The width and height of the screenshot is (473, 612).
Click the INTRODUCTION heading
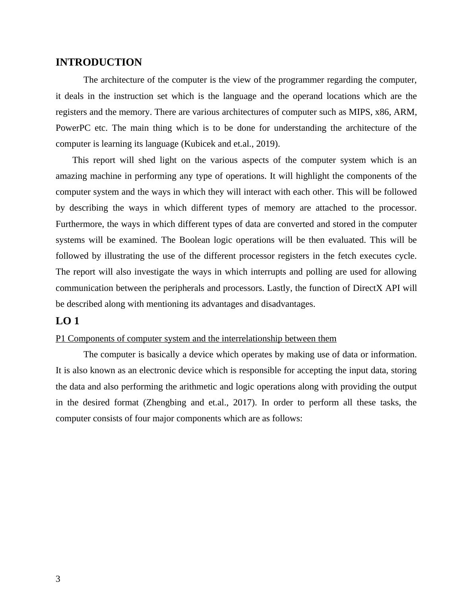(x=99, y=62)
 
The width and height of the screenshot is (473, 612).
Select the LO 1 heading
(x=67, y=321)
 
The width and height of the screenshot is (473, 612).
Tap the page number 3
(x=58, y=579)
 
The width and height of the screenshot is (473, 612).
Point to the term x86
(x=382, y=112)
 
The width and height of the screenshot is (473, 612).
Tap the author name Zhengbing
(x=166, y=403)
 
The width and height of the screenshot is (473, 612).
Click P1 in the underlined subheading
(x=60, y=339)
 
